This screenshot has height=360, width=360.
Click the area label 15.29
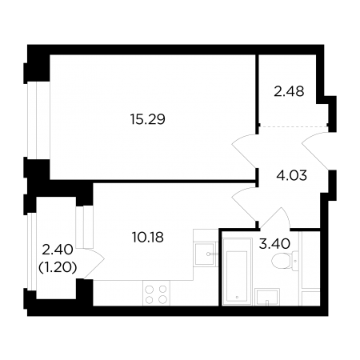coord(148,119)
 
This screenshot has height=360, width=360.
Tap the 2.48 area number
coord(289,91)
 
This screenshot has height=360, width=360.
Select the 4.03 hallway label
coord(292,176)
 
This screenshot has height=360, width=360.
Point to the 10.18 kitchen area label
coord(148,237)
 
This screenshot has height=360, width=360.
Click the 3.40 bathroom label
coord(274,244)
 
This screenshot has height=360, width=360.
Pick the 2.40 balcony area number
coord(58,250)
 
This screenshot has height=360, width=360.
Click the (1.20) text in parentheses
coord(58,267)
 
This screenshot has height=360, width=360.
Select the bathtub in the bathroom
coord(237,271)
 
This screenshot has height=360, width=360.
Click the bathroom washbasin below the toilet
coord(267,297)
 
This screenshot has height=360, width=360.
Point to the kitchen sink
coord(204,254)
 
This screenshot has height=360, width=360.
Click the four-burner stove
coord(156,293)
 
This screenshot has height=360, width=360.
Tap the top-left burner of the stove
coord(150,289)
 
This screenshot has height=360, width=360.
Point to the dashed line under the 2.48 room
coord(294,126)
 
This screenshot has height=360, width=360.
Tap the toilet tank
coord(295,261)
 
